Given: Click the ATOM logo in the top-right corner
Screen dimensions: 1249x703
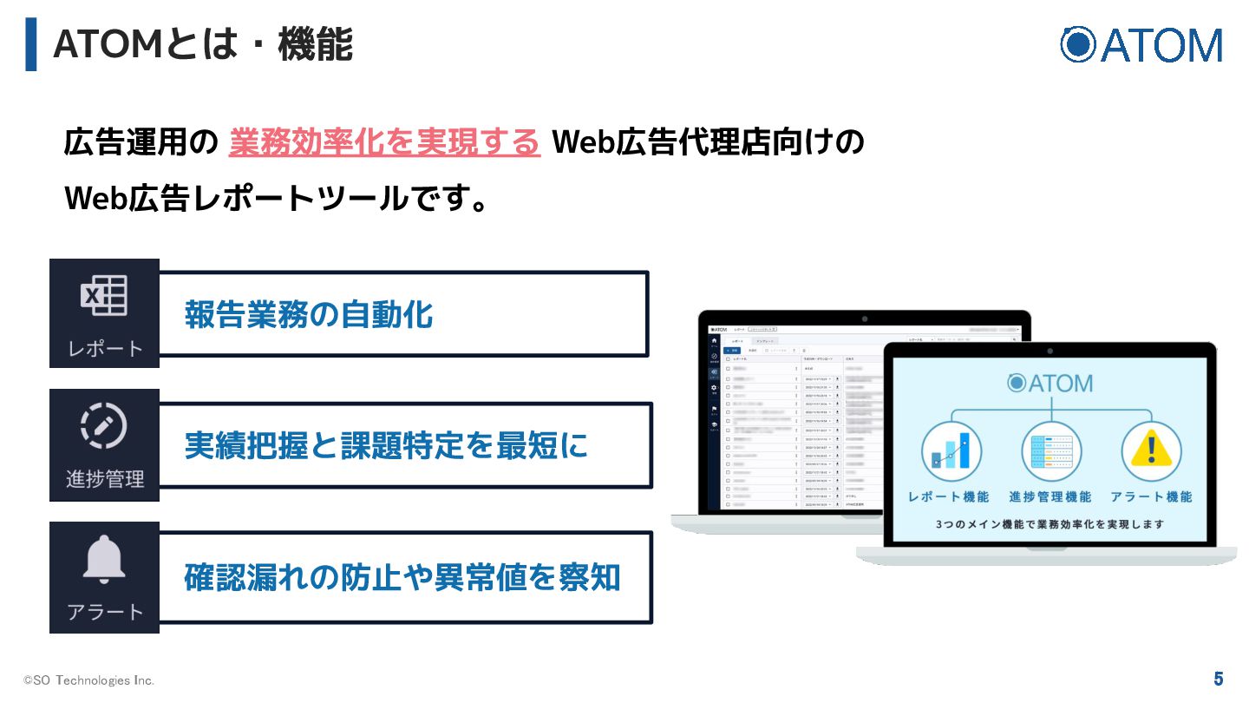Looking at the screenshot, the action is point(1141,44).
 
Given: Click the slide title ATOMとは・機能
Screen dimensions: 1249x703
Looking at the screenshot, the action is point(203,44).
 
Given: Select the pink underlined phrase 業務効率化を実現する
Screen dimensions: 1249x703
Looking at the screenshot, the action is point(384,142).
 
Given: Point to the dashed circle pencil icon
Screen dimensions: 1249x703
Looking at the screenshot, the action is point(104,425).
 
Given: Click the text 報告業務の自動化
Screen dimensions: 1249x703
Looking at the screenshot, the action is point(309,314).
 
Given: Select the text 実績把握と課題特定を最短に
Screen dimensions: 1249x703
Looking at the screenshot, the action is point(386,445).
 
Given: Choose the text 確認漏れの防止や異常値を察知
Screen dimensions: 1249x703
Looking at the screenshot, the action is point(402,577).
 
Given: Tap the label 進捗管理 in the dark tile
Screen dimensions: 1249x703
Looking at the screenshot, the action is point(104,479).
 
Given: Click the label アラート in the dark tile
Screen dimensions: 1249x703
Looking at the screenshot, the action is point(104,612).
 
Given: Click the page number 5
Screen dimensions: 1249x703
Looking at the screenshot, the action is point(1219,679).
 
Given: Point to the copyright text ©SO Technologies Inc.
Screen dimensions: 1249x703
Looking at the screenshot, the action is point(88,680).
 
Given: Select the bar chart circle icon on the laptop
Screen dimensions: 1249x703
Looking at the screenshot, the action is point(951,451).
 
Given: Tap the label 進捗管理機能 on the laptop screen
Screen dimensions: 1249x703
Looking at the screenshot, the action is point(1050,497).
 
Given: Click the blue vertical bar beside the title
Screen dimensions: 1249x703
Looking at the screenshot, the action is point(31,43).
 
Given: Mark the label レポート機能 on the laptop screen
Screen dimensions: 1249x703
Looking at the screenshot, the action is point(948,497).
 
